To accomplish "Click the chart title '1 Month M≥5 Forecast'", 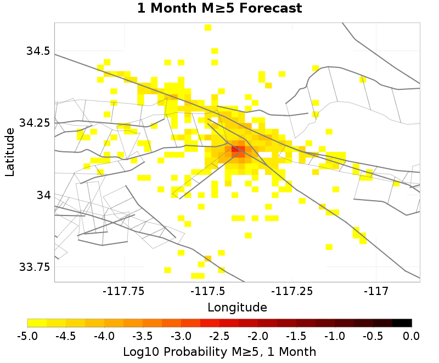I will point(219,9).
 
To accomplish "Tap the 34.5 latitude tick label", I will point(38,51).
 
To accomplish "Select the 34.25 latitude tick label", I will point(34,123).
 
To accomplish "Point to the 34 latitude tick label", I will point(42,195).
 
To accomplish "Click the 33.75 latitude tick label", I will point(34,267).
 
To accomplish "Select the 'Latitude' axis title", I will point(10,152).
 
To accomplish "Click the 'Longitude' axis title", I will point(237,307).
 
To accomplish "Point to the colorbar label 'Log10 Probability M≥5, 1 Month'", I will point(219,351).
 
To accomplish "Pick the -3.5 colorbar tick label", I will point(143,336).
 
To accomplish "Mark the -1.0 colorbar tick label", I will point(335,336).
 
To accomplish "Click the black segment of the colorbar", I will point(402,323).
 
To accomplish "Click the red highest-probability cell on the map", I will point(235,149).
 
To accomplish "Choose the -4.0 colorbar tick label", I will point(104,336).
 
